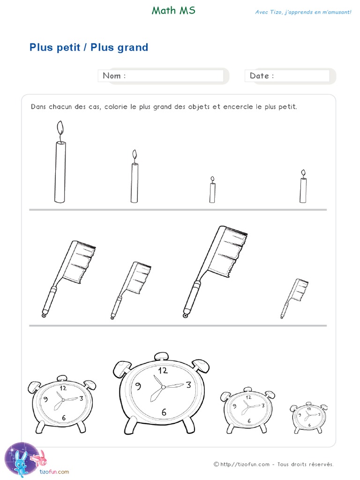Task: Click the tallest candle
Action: (x=60, y=171)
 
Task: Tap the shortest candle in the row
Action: (x=212, y=192)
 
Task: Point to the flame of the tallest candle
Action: (x=60, y=127)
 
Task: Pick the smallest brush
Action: (x=294, y=298)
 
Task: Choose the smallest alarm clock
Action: (x=307, y=416)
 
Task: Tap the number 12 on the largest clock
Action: (x=163, y=370)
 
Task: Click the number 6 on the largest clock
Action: (x=164, y=412)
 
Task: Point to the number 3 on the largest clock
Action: (x=188, y=385)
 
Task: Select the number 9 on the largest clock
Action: (x=138, y=386)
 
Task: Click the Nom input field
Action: (x=174, y=76)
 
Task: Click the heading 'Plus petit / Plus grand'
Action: (x=89, y=47)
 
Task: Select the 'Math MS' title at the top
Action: (x=173, y=11)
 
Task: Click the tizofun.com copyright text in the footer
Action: (x=274, y=465)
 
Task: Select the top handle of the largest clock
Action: (x=162, y=356)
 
